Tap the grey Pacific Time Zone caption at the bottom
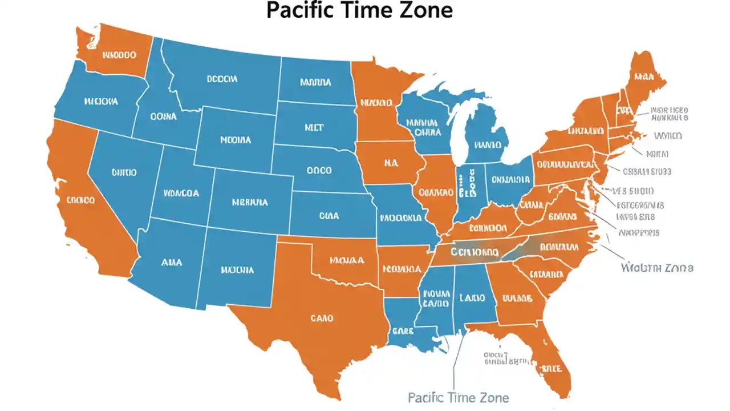click(459, 397)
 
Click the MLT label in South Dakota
click(314, 128)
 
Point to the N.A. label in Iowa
click(391, 162)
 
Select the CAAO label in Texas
click(322, 319)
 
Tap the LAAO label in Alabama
click(472, 298)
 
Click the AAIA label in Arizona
click(172, 263)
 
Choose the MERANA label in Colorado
click(250, 202)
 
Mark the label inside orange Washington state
click(119, 55)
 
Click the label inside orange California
click(80, 201)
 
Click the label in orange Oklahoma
click(347, 260)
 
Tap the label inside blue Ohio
click(510, 180)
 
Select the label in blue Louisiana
click(403, 331)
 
